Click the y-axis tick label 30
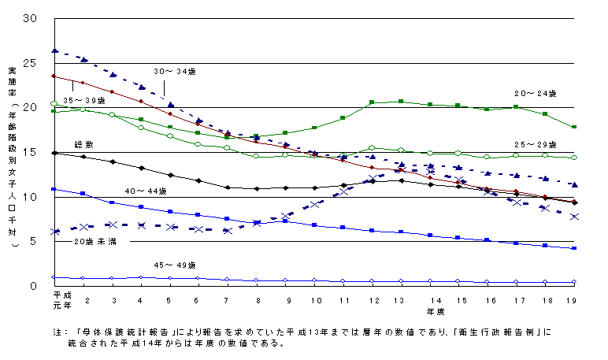point(32,18)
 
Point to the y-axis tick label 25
point(32,63)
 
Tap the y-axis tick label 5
point(35,241)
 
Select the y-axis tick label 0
point(35,286)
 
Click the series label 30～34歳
point(176,71)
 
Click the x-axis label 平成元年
point(54,299)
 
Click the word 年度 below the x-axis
point(436,310)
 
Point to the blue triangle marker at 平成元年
point(54,50)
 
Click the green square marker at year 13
point(401,102)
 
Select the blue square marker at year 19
point(574,248)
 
